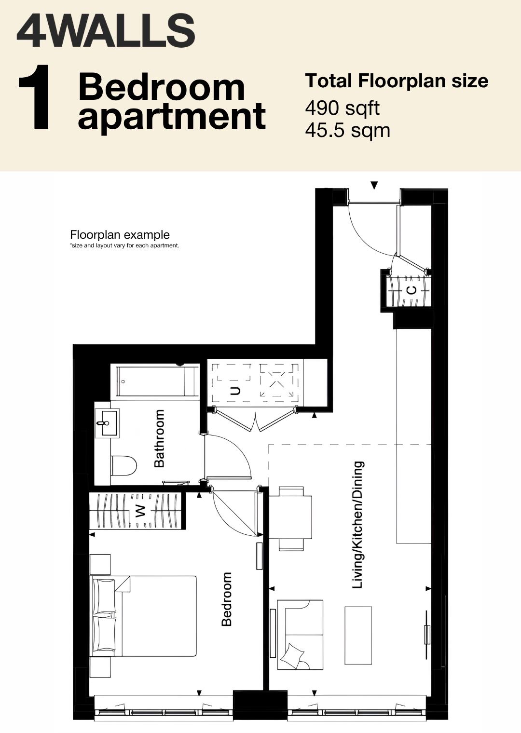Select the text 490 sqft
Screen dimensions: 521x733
pyautogui.click(x=342, y=109)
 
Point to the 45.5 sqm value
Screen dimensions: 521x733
pyautogui.click(x=347, y=131)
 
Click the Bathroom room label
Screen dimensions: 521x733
pyautogui.click(x=159, y=438)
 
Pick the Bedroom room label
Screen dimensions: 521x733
pyautogui.click(x=226, y=599)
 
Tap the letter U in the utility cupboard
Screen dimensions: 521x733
pyautogui.click(x=235, y=391)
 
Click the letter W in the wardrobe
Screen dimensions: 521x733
pyautogui.click(x=140, y=511)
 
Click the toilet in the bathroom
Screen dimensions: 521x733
pyautogui.click(x=123, y=465)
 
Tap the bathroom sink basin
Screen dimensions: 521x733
pyautogui.click(x=106, y=423)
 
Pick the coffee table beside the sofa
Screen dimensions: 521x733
pyautogui.click(x=358, y=635)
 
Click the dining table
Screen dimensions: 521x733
pyautogui.click(x=290, y=517)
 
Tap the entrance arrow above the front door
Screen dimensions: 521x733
pyautogui.click(x=374, y=185)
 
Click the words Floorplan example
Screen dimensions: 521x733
pyautogui.click(x=120, y=235)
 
